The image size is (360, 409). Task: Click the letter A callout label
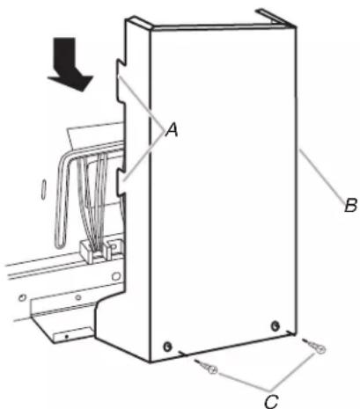pyautogui.click(x=172, y=129)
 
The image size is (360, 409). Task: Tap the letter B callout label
pyautogui.click(x=350, y=205)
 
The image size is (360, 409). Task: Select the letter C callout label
pyautogui.click(x=271, y=401)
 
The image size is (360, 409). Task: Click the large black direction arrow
pyautogui.click(x=70, y=64)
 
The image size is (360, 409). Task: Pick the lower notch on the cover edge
pyautogui.click(x=122, y=182)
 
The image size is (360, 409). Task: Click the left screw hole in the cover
pyautogui.click(x=167, y=347)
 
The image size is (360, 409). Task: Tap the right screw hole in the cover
pyautogui.click(x=276, y=325)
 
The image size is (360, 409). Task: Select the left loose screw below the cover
pyautogui.click(x=207, y=367)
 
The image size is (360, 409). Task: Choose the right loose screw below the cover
pyautogui.click(x=314, y=346)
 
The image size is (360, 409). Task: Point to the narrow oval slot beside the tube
pyautogui.click(x=44, y=189)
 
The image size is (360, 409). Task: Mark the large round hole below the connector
pyautogui.click(x=116, y=276)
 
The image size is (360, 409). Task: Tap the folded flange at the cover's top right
pyautogui.click(x=276, y=18)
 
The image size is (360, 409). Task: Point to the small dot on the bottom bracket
pyautogui.click(x=67, y=336)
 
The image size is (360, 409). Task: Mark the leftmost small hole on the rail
pyautogui.click(x=22, y=298)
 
